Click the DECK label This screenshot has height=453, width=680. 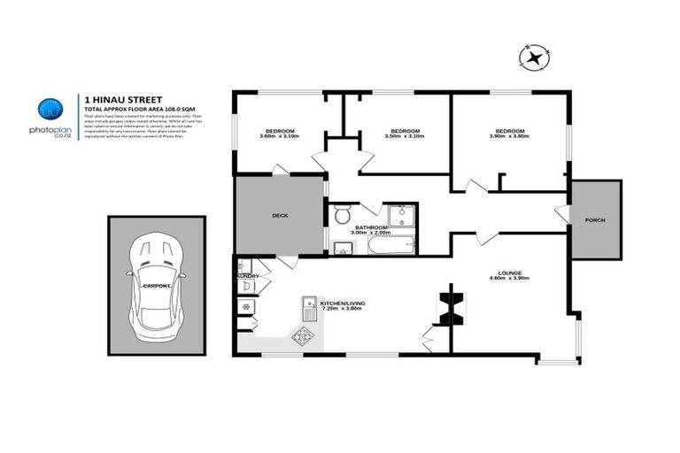(x=280, y=215)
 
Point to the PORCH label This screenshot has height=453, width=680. (x=595, y=219)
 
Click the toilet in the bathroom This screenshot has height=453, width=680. (x=342, y=215)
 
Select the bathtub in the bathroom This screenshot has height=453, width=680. (x=390, y=243)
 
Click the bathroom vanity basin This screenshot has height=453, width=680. (x=343, y=247)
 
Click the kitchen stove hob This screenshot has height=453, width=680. (x=303, y=335)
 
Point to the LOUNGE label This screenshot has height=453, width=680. (x=509, y=273)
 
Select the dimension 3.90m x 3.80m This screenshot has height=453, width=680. (x=509, y=136)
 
